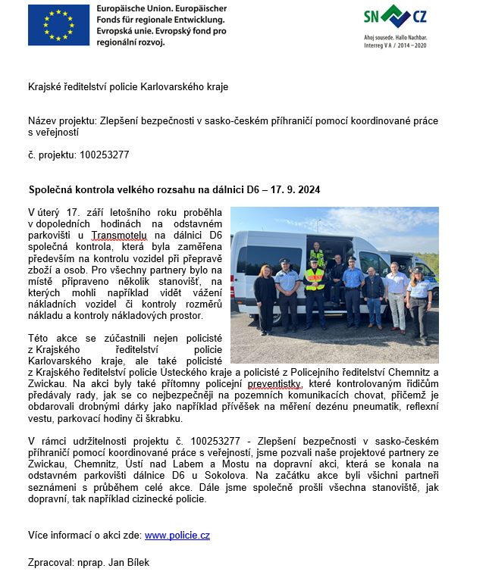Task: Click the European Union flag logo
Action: point(58,25)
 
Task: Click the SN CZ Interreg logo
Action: point(394,26)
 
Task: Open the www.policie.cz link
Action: point(177,535)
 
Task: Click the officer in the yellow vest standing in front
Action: point(315,292)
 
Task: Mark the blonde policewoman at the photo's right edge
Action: point(418,298)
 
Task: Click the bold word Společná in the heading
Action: point(51,189)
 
